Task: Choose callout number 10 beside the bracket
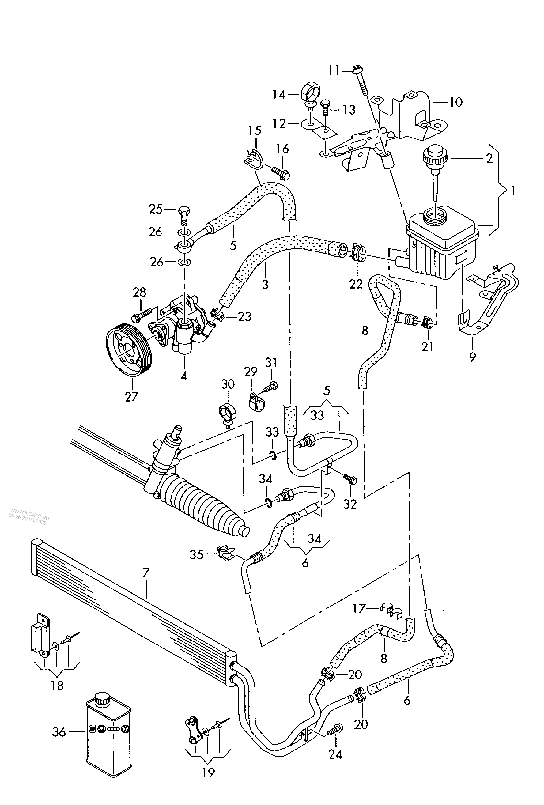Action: point(456,102)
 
